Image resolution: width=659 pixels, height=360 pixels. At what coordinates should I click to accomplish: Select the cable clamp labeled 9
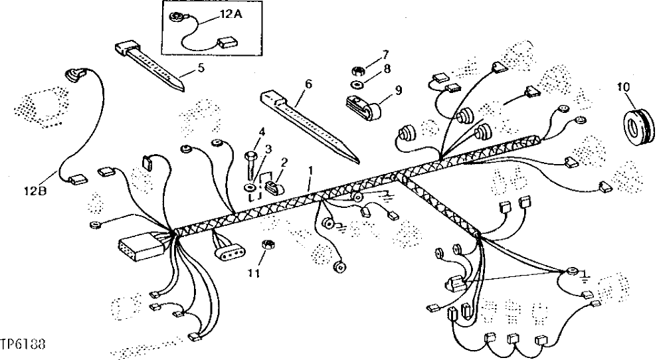click(x=363, y=109)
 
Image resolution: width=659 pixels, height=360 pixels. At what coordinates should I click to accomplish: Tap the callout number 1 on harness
click(x=310, y=171)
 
